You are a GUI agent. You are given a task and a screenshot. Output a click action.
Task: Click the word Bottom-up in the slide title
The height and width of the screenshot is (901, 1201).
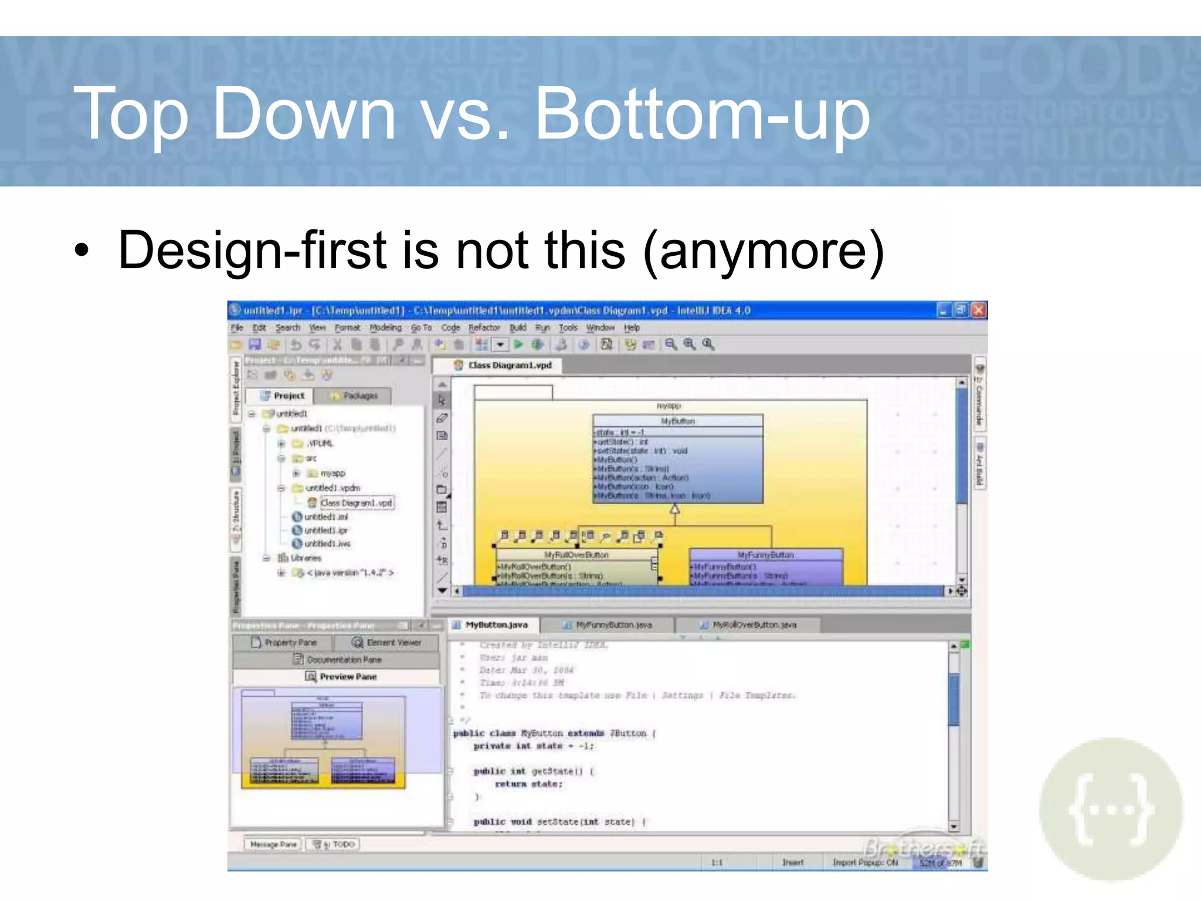coord(702,114)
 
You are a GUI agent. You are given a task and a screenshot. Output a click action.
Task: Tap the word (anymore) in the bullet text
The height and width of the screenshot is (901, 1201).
coord(764,250)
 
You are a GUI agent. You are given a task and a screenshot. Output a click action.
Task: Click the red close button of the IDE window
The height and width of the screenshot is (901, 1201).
coord(979,310)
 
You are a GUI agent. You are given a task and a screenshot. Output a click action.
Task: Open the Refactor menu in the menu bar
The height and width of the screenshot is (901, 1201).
coord(484,328)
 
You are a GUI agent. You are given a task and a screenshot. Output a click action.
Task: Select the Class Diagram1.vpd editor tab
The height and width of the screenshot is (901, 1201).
coord(509,365)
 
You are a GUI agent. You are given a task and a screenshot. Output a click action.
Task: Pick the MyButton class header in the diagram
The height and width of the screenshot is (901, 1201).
coord(677,421)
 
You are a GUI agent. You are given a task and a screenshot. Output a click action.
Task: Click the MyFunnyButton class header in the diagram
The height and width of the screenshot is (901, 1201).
coord(765,555)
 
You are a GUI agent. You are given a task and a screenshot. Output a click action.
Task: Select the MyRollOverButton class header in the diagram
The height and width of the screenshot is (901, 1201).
coord(576,555)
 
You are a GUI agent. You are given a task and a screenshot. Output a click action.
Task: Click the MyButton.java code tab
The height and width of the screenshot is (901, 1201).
coord(496,625)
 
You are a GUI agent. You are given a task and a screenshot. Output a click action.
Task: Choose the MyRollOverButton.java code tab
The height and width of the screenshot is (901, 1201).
coord(754,625)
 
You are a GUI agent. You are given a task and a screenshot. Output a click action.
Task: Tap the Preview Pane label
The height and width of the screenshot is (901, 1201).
coord(348,677)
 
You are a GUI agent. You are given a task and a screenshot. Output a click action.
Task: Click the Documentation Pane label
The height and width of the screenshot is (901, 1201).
coord(344,660)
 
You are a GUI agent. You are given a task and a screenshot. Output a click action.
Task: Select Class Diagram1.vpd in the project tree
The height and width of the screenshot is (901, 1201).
coord(355,503)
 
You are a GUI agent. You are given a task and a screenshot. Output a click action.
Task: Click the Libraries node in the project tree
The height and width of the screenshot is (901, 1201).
coord(306,558)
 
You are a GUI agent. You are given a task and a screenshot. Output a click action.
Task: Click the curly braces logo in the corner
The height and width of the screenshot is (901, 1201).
coord(1111,809)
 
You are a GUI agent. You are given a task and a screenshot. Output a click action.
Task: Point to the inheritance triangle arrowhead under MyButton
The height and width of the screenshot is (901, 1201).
coord(675,510)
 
